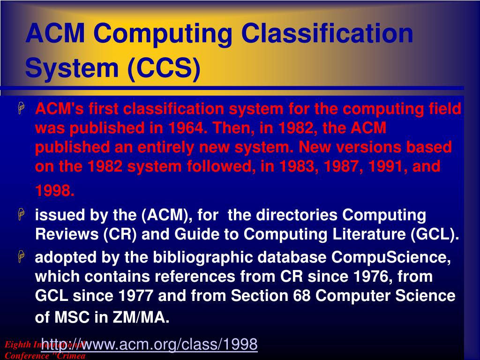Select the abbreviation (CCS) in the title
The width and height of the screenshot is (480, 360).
(163, 67)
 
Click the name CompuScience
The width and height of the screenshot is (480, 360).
(391, 257)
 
